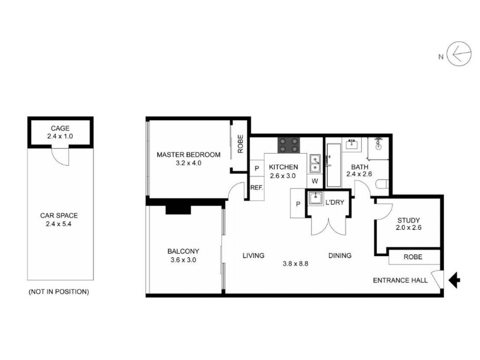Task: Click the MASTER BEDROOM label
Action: pos(188,155)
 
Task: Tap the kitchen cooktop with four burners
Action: pos(289,145)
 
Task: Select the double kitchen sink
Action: pos(315,163)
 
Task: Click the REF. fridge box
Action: pos(257,188)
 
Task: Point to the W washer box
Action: pos(315,181)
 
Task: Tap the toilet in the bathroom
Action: pos(382,184)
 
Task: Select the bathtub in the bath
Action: pos(334,166)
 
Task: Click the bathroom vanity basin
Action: pos(352,143)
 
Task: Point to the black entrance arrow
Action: pos(454,280)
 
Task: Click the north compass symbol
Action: pos(458,54)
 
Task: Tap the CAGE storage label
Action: pos(60,128)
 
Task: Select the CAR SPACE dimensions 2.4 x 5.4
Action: pos(58,224)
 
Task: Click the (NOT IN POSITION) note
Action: pos(59,292)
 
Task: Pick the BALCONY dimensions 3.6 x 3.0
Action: pos(183,260)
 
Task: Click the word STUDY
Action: pos(409,220)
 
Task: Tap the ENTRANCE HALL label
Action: pos(400,280)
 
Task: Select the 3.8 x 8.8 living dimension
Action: pos(295,263)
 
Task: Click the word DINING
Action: pos(340,256)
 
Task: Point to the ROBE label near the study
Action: pos(413,257)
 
